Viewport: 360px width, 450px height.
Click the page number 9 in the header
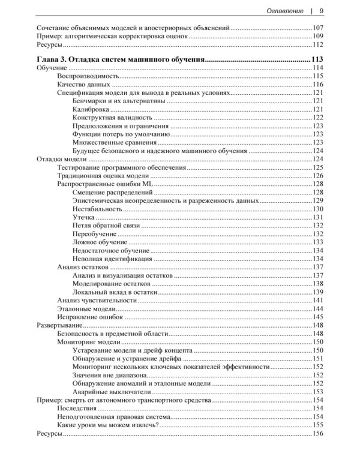[x=322, y=10]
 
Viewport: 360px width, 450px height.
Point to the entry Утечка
[x=83, y=217]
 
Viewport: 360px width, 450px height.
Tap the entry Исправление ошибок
[x=90, y=316]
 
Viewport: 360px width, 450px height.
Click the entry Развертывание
[x=58, y=325]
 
